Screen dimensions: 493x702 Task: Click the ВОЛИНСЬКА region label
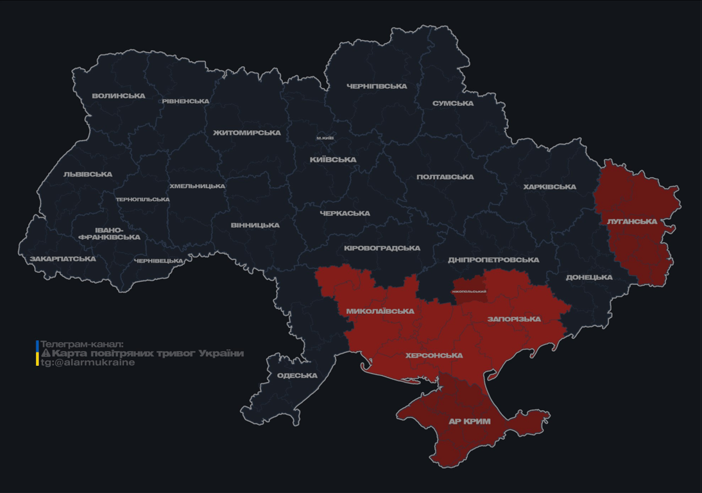coord(119,96)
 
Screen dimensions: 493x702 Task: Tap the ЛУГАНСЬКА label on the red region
coord(632,221)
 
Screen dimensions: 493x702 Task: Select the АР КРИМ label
coord(469,422)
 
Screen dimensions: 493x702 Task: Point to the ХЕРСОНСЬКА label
coord(434,356)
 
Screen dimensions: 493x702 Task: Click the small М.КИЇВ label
coord(325,138)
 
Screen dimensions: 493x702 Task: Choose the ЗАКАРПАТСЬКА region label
coord(62,259)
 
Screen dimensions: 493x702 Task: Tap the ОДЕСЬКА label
coord(297,376)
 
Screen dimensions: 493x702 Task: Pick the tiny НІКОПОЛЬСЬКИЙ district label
coord(469,291)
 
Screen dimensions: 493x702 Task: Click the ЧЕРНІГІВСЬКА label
coord(377,86)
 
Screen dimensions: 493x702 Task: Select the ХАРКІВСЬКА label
coord(549,187)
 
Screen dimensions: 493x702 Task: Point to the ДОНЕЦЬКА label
coord(589,277)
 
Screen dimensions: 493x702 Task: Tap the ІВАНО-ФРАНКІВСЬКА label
coord(109,234)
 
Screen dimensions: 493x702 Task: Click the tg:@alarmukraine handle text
coord(88,363)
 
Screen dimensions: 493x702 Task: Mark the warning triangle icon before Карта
coord(46,353)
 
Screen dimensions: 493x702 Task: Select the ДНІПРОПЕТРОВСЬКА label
coord(493,260)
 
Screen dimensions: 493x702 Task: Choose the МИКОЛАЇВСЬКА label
coord(380,311)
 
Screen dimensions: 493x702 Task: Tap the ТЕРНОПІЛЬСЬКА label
coord(142,200)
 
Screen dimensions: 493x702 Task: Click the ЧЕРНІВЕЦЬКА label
coord(158,261)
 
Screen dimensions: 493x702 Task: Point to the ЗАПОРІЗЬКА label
coord(514,319)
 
